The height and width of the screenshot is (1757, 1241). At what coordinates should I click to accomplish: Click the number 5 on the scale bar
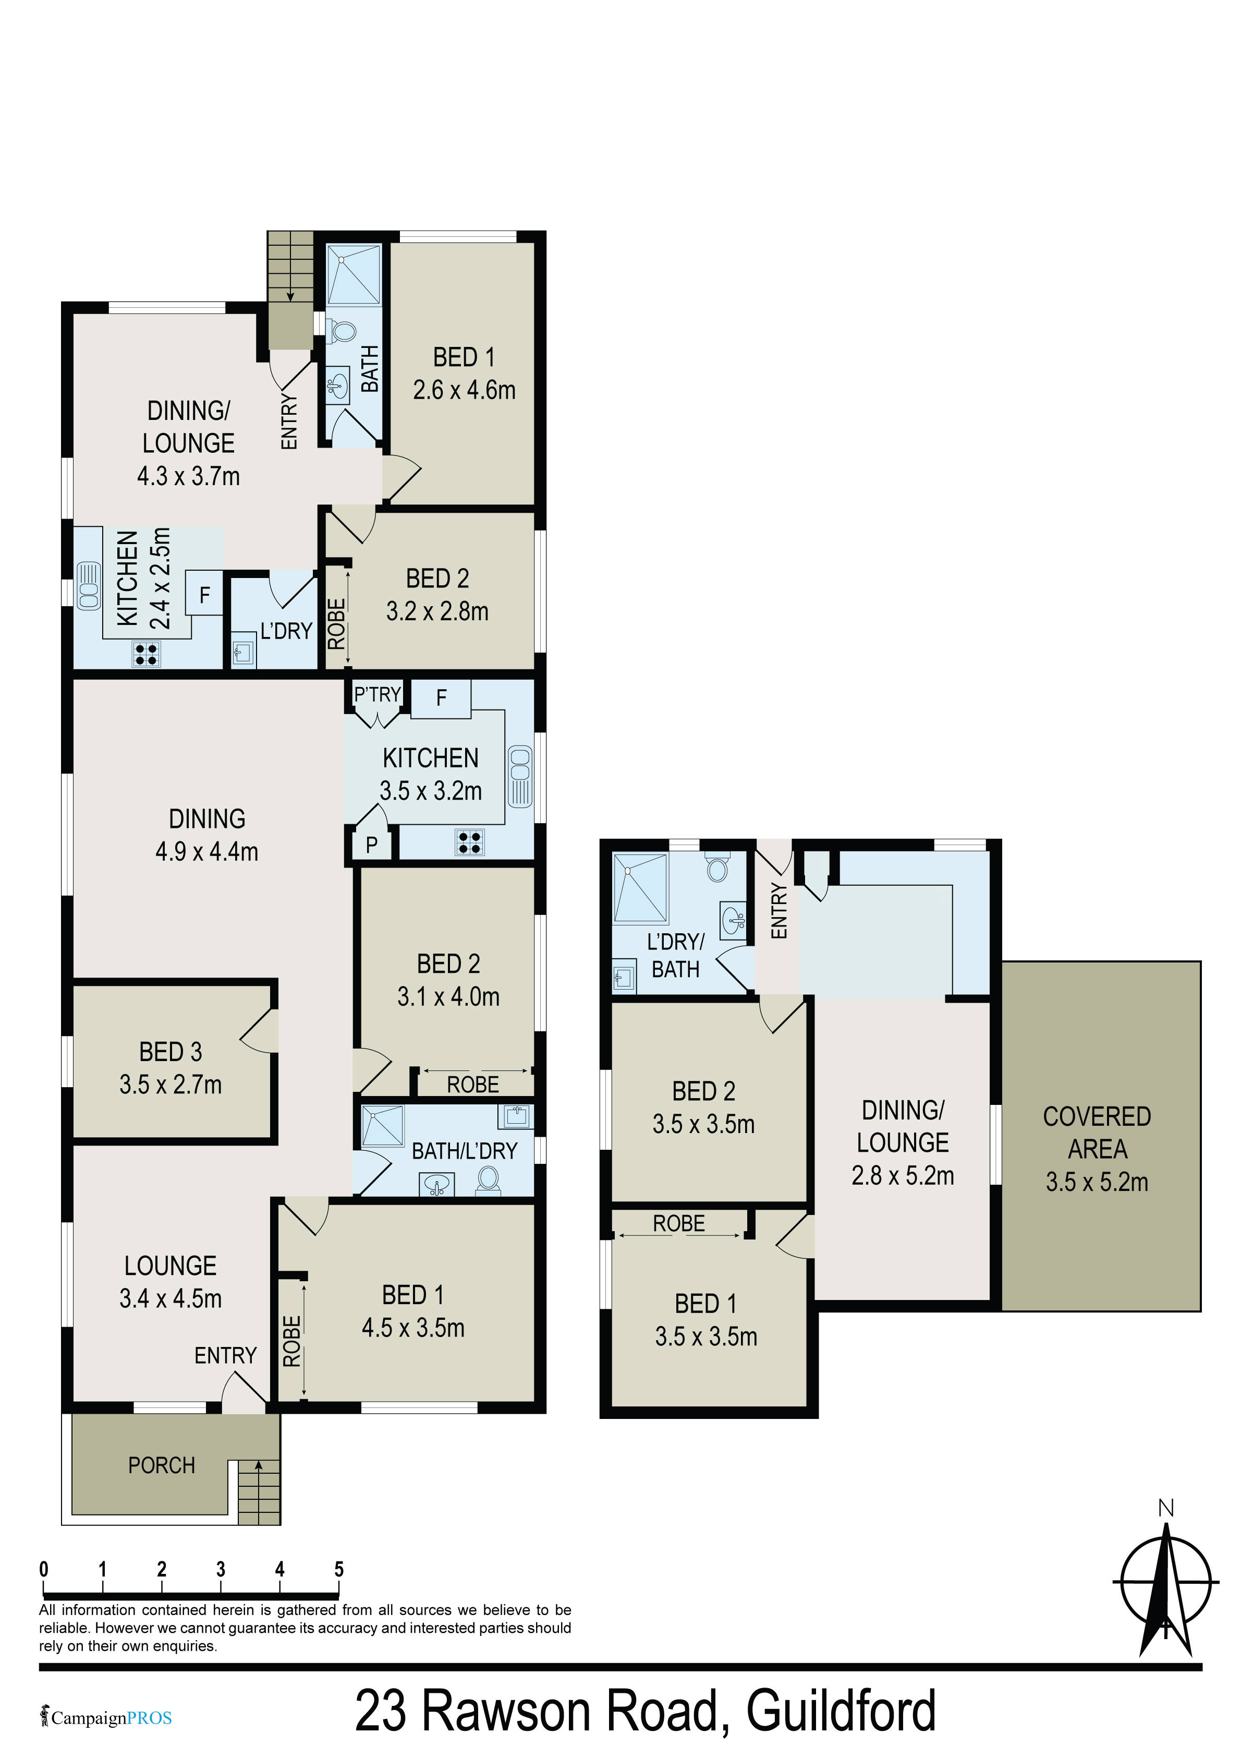coord(339,1570)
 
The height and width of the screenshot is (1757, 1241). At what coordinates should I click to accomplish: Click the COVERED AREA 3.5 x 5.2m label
coord(1097,1149)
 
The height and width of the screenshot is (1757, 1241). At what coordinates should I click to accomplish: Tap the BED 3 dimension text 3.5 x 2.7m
coord(171,1085)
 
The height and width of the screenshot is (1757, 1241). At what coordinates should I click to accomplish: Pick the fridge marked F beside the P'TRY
coord(441,698)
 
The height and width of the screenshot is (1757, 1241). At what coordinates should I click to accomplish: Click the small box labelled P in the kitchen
coord(372,845)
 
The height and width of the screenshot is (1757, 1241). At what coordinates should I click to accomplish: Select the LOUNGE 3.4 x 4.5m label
coord(171,1282)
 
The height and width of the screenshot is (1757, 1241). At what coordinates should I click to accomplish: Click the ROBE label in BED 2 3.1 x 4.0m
coord(473,1085)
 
